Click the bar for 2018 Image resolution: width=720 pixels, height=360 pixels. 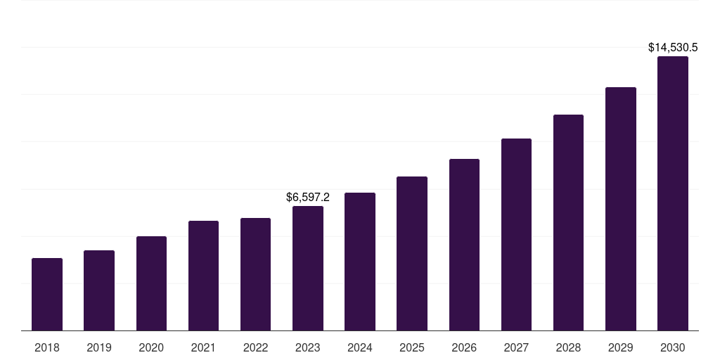[x=47, y=295]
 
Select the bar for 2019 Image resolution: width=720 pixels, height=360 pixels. [x=99, y=290]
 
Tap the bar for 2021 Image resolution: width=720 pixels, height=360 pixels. [x=203, y=276]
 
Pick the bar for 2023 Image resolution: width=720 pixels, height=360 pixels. [x=308, y=269]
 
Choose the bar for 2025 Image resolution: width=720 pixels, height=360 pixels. [x=412, y=254]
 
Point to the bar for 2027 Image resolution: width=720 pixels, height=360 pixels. [x=516, y=235]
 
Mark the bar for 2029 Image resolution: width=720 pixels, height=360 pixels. [x=621, y=209]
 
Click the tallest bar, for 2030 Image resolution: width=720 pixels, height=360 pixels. [x=673, y=193]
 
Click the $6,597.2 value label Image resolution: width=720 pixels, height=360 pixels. [x=308, y=198]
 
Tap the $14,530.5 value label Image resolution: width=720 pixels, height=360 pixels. [x=673, y=48]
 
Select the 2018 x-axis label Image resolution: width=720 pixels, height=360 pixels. [x=47, y=347]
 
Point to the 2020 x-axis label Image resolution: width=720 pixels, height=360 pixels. [x=151, y=347]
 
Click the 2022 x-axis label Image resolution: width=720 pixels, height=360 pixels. [x=256, y=347]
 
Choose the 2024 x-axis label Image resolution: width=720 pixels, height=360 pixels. [x=360, y=347]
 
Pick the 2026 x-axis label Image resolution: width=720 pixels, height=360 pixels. [x=464, y=347]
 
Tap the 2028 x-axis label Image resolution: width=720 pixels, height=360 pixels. [x=568, y=347]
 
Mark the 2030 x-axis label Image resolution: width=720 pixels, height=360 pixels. [x=673, y=347]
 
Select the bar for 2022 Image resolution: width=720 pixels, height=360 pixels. [x=256, y=274]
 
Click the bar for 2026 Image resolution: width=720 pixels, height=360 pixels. [x=464, y=245]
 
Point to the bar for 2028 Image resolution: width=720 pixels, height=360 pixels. [x=568, y=223]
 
